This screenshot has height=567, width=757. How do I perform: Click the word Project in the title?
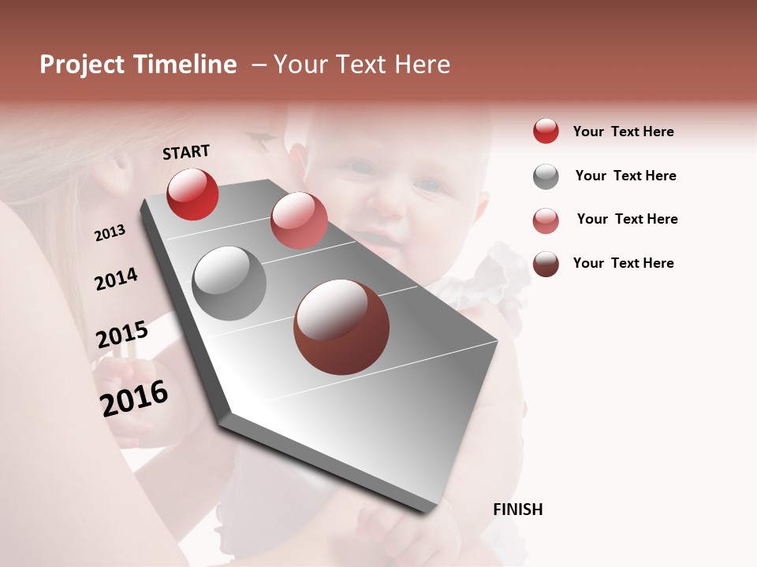coord(82,65)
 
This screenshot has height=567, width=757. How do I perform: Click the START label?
coord(186,152)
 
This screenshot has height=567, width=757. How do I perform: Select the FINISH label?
coord(518,510)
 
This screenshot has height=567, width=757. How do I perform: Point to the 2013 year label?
coord(110,233)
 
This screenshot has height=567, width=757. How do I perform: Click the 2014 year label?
coord(116,279)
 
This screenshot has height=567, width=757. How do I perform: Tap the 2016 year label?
coord(134,398)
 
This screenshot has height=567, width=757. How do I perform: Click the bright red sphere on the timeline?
coord(192,194)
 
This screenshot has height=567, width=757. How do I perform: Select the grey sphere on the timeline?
coord(229,283)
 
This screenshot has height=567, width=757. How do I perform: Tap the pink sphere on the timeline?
coord(299,220)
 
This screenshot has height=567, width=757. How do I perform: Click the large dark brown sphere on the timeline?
coord(341,327)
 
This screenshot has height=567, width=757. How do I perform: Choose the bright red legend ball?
coord(546,131)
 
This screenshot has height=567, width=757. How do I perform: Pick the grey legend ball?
coord(546,176)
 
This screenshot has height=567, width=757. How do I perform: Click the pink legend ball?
coord(546,220)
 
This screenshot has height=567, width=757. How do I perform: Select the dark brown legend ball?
coord(546,264)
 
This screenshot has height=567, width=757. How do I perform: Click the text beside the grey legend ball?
coord(625,176)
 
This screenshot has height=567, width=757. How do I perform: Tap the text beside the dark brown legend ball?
coord(623,263)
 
